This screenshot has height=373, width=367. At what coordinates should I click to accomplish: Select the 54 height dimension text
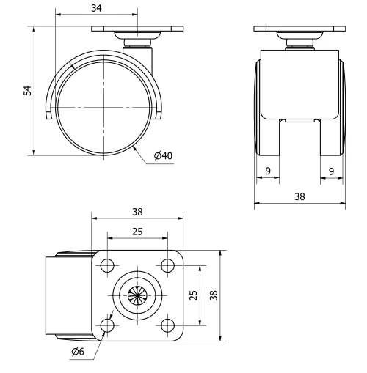tap(27, 91)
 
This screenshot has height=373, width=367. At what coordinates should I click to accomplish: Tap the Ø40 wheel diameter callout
tap(163, 157)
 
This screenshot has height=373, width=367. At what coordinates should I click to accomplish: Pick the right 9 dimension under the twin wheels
tap(333, 171)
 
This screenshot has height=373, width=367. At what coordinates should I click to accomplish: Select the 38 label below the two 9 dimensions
tap(299, 196)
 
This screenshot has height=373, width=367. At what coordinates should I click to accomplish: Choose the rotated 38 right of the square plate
tap(214, 295)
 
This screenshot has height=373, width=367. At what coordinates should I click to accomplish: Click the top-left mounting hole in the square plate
tap(107, 265)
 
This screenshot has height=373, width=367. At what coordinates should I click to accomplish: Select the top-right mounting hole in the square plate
tap(167, 265)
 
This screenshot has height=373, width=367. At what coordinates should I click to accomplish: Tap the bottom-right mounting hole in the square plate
tap(167, 325)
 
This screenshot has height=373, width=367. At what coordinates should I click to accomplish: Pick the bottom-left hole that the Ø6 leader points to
tap(107, 325)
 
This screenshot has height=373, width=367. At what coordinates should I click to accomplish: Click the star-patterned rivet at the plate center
tap(137, 295)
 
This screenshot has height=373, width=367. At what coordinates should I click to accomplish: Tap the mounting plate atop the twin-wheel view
tap(299, 29)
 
